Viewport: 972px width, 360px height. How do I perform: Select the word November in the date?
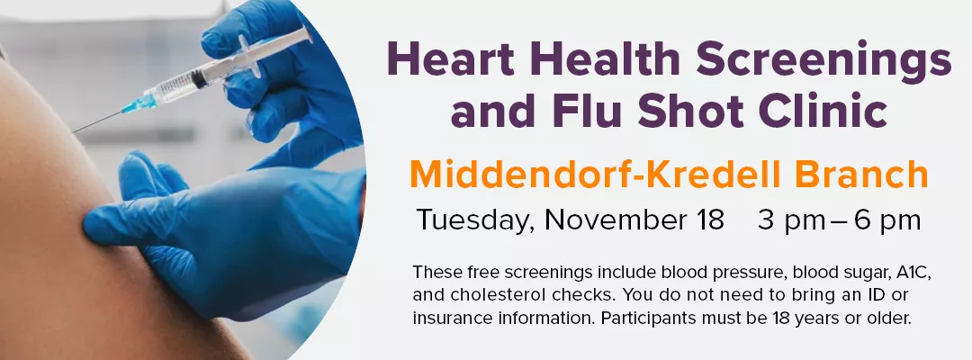tap(612, 220)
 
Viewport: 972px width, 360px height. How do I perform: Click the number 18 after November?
tap(708, 220)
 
